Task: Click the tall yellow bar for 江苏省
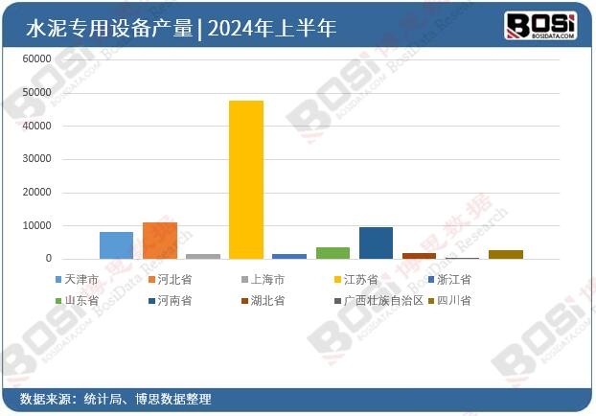coord(246,179)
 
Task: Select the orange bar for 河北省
coord(160,241)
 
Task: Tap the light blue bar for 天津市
coord(116,245)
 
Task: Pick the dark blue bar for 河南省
coord(376,243)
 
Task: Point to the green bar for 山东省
coord(332,253)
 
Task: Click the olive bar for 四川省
coord(506,254)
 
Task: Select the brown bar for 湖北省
coord(419,256)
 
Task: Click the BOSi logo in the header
coord(540,25)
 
